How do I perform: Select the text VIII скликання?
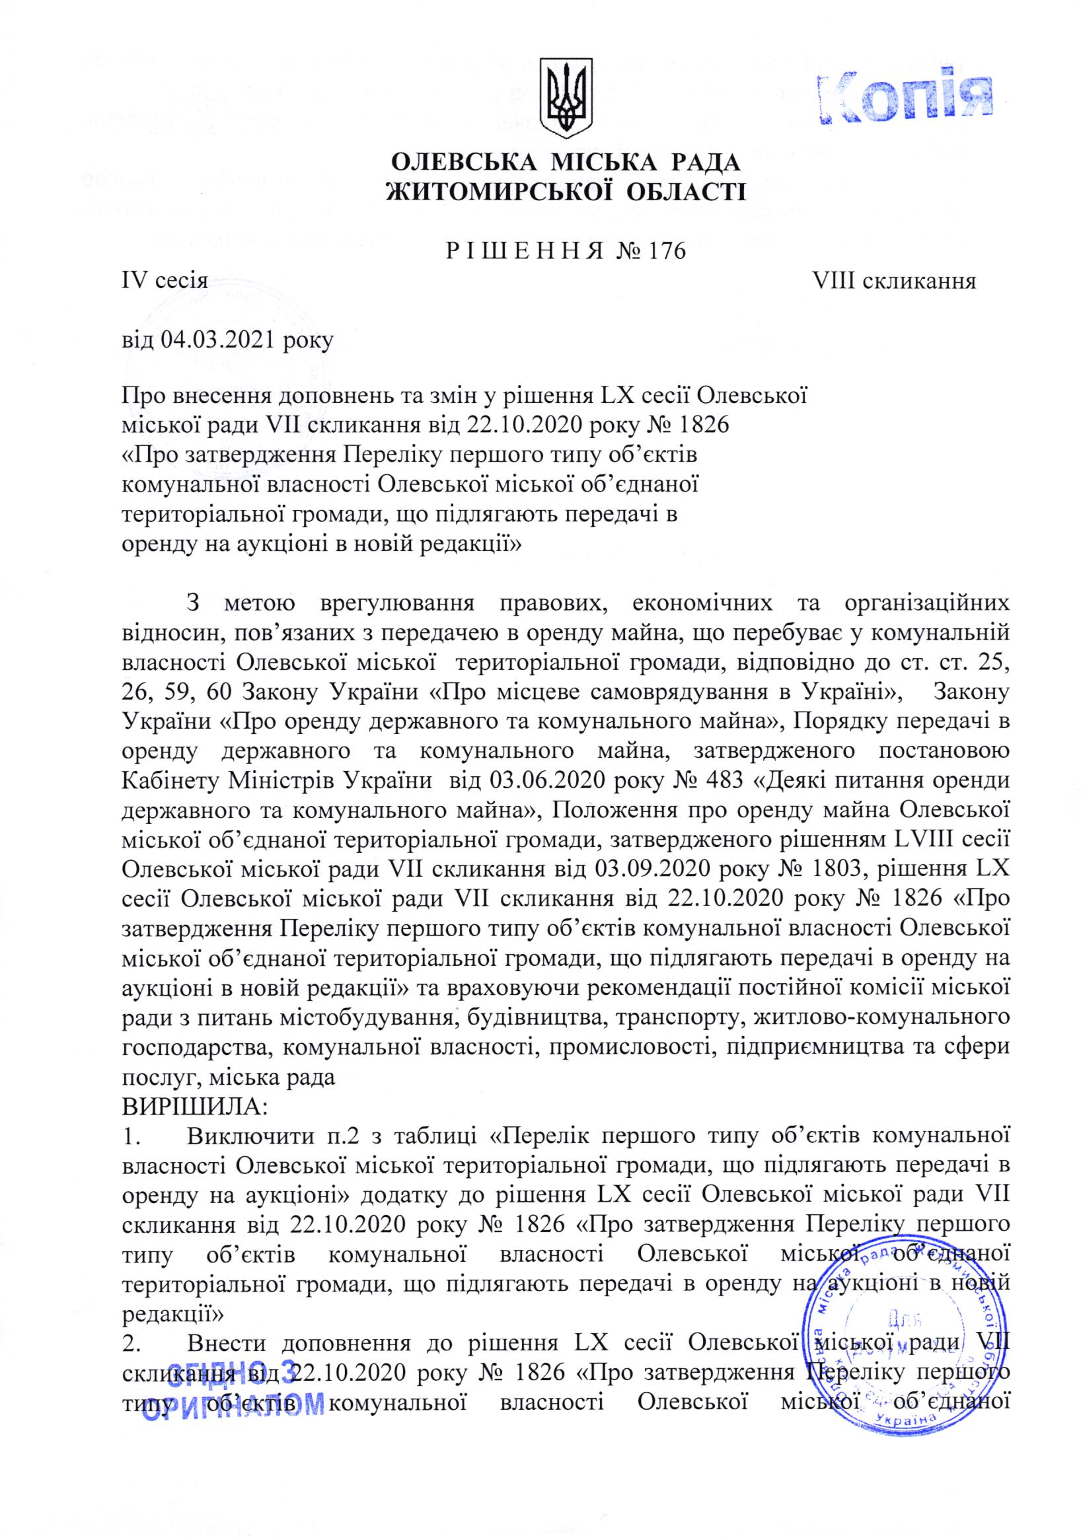coord(893,281)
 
